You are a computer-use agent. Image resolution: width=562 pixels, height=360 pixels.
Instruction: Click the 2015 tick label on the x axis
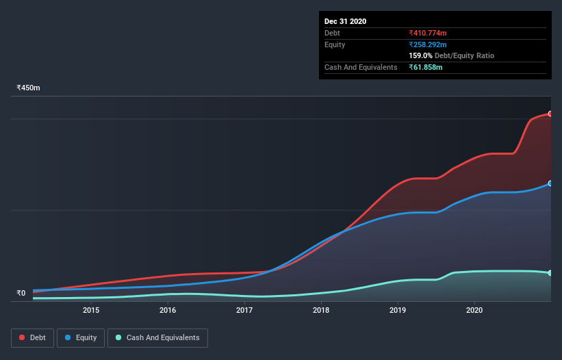[x=91, y=310]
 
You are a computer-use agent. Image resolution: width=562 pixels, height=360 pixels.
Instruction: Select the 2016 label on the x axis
[x=168, y=310]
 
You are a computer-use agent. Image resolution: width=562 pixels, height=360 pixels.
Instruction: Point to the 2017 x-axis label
[x=244, y=310]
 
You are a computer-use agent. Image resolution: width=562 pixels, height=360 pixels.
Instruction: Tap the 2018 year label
[x=321, y=310]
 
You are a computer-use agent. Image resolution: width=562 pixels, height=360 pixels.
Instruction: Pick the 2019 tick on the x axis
[x=398, y=310]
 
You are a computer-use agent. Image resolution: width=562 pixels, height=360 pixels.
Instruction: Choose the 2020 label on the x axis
[x=474, y=310]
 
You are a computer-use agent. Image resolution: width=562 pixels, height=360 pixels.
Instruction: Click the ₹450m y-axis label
[x=29, y=88]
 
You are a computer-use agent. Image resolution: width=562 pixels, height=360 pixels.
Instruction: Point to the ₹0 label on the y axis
[x=21, y=294]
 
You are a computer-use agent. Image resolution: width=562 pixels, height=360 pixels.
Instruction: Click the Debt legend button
[x=32, y=337]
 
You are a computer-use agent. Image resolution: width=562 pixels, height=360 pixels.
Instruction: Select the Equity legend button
[x=81, y=337]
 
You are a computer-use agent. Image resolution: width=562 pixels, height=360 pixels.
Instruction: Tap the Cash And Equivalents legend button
[x=157, y=337]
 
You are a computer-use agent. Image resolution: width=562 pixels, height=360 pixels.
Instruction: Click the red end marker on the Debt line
[x=550, y=114]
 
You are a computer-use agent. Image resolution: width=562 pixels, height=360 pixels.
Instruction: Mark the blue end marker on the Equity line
[x=550, y=183]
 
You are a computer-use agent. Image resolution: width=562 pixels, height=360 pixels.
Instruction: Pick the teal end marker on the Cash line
[x=550, y=273]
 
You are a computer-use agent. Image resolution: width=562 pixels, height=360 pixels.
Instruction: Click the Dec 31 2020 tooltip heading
[x=345, y=21]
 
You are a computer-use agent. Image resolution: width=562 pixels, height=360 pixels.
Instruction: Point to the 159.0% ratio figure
[x=420, y=55]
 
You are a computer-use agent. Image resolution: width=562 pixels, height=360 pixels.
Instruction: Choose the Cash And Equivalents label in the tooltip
[x=361, y=67]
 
